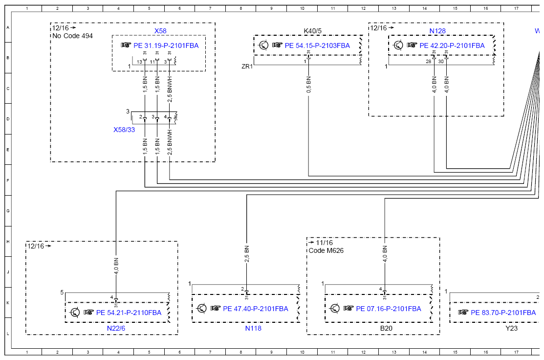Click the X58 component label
pos(160,31)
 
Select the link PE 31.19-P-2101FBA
pos(166,45)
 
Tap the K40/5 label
pos(313,31)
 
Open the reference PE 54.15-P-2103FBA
pos(317,45)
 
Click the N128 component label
pos(437,31)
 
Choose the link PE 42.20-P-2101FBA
pos(452,45)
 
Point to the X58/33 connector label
pos(124,130)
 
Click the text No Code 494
pos(72,36)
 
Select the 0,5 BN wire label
pos(308,84)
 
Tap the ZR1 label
pos(247,66)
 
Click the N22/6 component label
pos(116,328)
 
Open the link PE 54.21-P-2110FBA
pos(129,313)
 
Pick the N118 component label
pos(253,328)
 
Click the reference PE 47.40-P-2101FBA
pos(255,309)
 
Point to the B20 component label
pos(386,328)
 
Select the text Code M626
pos(326,250)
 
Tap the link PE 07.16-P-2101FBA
pos(389,309)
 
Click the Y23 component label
pos(511,328)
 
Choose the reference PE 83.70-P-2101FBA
pos(503,313)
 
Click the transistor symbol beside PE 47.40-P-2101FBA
pos(201,308)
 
